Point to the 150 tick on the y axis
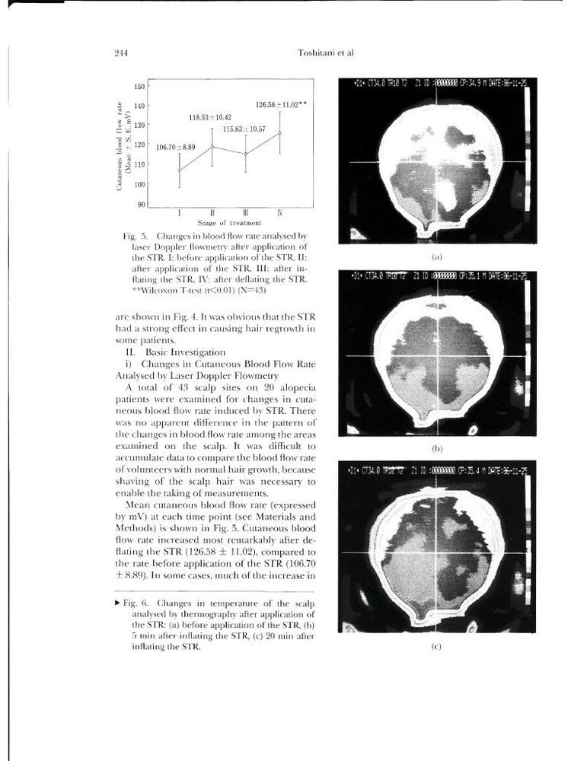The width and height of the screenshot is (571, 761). [x=140, y=86]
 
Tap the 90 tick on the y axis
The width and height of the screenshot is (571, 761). [x=142, y=203]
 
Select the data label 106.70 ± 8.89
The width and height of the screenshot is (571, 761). [x=176, y=146]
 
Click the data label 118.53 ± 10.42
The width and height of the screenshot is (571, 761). [x=210, y=118]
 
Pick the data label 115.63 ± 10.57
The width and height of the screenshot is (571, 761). [x=244, y=129]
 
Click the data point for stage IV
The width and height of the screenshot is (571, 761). [x=279, y=133]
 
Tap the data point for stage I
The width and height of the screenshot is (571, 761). [x=180, y=170]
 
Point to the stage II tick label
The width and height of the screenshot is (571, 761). [x=212, y=213]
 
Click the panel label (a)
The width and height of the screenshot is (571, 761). [x=437, y=258]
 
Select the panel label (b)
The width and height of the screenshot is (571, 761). [x=437, y=449]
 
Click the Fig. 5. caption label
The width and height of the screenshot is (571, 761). [x=137, y=236]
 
